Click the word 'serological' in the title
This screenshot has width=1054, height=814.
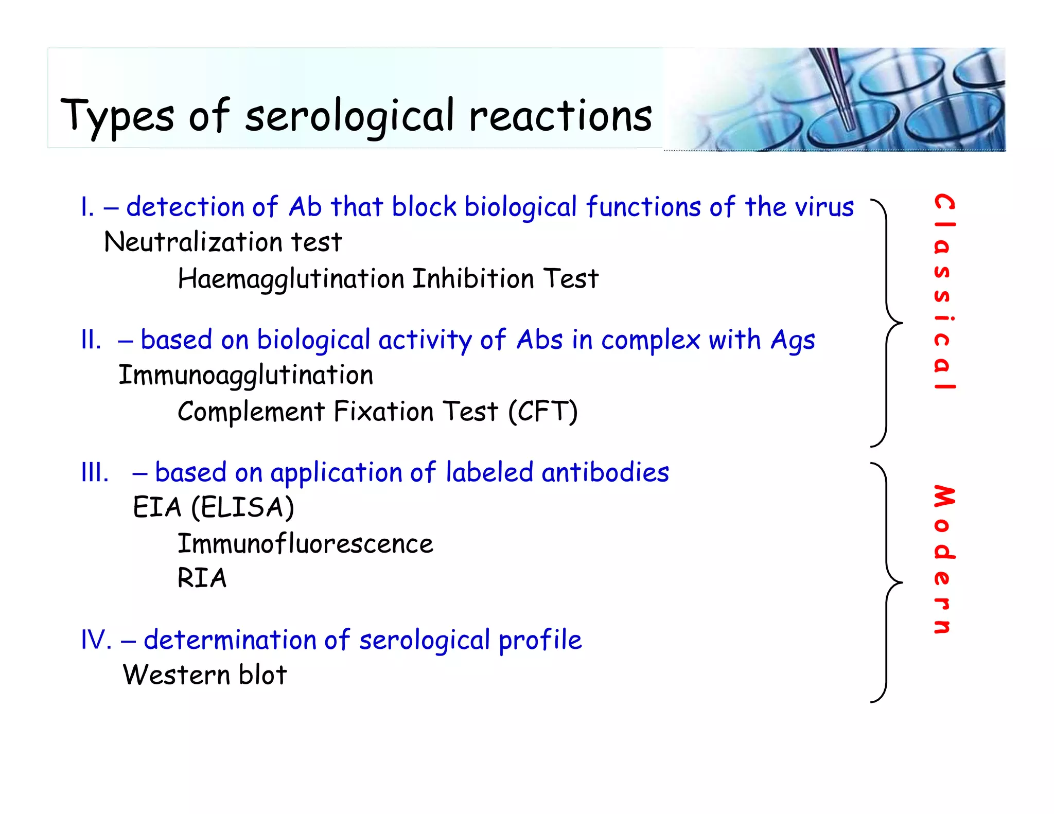pos(349,116)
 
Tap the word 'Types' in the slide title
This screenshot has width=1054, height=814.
pos(117,116)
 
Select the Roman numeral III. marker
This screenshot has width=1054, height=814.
pos(95,472)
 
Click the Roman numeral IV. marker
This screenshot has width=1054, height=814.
pos(96,640)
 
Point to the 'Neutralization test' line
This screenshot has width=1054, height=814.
pos(223,242)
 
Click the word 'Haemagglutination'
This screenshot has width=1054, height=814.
pos(291,279)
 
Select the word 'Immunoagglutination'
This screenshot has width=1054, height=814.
pos(246,375)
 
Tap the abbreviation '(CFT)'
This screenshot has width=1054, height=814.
pos(543,412)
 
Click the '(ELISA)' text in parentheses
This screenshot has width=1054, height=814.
pos(242,508)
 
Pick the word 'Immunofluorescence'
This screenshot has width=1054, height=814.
pos(305,544)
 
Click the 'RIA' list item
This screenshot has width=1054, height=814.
pos(202,578)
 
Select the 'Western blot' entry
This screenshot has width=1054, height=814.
pos(205,675)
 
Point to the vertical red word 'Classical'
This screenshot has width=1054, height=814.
pos(944,292)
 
